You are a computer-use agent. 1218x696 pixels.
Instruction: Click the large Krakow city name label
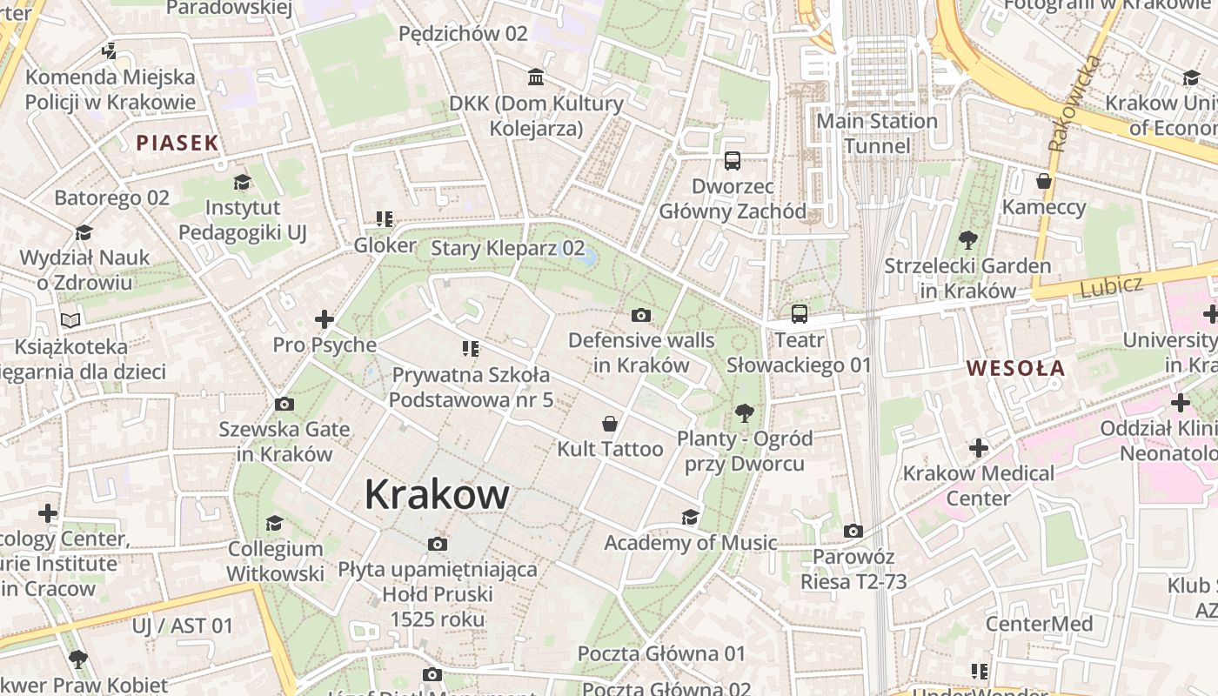[x=437, y=494]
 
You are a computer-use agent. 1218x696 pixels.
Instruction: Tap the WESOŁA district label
[x=1015, y=368]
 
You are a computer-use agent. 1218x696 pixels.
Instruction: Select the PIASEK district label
[x=177, y=144]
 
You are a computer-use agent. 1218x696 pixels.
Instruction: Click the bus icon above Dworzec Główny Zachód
[x=733, y=161]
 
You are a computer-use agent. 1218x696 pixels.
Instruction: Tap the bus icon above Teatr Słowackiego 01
[x=799, y=314]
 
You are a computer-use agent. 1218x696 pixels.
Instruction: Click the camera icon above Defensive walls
[x=641, y=315]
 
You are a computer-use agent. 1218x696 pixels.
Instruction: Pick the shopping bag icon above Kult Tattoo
[x=610, y=424]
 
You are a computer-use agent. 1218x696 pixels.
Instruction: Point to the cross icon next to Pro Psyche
[x=325, y=319]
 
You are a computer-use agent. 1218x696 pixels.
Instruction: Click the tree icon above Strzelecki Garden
[x=967, y=240]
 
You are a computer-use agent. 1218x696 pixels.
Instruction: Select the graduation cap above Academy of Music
[x=690, y=517]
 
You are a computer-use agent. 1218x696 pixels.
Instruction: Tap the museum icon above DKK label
[x=536, y=78]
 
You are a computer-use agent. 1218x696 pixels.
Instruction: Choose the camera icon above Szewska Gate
[x=284, y=404]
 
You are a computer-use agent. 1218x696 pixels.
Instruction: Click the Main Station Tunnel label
[x=877, y=133]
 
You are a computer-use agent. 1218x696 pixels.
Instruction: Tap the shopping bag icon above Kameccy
[x=1044, y=181]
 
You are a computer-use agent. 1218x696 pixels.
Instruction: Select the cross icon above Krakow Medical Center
[x=979, y=448]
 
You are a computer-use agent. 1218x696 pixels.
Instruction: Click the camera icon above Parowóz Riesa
[x=853, y=531]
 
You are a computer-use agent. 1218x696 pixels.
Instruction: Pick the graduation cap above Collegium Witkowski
[x=275, y=523]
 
